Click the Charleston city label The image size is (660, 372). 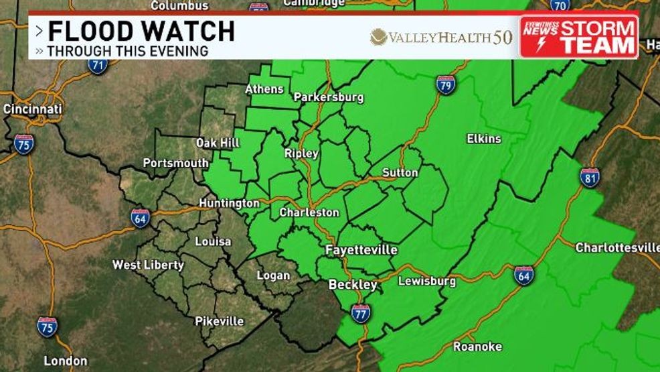tap(309, 212)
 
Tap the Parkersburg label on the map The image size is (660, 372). tap(329, 97)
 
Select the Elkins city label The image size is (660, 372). tap(484, 139)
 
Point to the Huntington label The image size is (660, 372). tap(229, 202)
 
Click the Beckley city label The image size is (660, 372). tap(353, 285)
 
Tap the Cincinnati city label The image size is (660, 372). tap(33, 109)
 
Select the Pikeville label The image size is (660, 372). tap(219, 321)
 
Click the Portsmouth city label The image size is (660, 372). tap(175, 163)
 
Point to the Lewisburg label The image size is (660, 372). tap(427, 281)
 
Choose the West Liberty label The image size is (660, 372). tap(148, 265)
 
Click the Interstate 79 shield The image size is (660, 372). tap(446, 84)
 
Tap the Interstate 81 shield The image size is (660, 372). tap(590, 177)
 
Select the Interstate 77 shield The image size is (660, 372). tap(361, 313)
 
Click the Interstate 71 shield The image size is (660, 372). tap(98, 65)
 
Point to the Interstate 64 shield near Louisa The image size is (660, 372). tap(140, 218)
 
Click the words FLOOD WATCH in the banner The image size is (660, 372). tap(141, 32)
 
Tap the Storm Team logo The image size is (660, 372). tap(580, 37)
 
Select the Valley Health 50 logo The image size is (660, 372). tap(441, 37)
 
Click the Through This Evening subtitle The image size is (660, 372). tap(127, 51)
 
